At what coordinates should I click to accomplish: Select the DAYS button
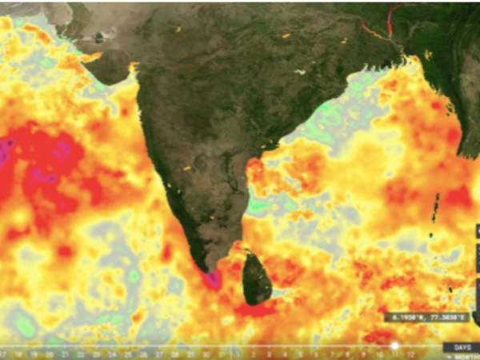pyautogui.click(x=462, y=346)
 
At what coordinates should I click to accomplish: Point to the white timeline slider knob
pyautogui.click(x=394, y=346)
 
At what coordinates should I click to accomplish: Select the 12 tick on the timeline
pyautogui.click(x=410, y=353)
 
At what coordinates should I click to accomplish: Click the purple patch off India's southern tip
pyautogui.click(x=213, y=279)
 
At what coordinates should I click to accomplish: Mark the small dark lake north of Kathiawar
pyautogui.click(x=98, y=37)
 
